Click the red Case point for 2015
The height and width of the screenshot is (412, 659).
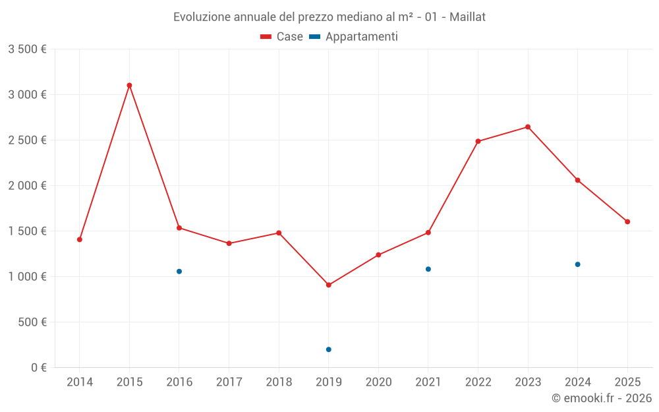[x=129, y=85]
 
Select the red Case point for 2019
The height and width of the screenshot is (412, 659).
[x=329, y=285]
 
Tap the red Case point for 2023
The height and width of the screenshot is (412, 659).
[x=528, y=127]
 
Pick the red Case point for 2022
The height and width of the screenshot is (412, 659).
[x=478, y=141]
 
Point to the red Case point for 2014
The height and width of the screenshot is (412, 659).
[x=80, y=239]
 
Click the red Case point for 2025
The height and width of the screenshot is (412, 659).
[x=627, y=221]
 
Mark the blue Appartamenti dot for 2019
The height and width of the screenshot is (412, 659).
[x=329, y=349]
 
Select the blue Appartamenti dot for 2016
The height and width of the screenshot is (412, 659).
[x=179, y=272]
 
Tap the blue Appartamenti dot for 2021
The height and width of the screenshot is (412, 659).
[x=428, y=269]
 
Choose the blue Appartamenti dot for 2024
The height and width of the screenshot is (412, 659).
[x=578, y=264]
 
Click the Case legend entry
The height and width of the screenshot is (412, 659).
[x=282, y=37]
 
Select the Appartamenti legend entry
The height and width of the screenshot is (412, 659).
[x=354, y=37]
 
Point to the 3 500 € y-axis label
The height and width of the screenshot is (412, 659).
[x=27, y=49]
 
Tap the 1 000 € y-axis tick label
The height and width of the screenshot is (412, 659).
[x=27, y=276]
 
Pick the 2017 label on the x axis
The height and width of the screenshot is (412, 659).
[x=229, y=382]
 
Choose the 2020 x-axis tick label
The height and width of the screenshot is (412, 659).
[x=378, y=382]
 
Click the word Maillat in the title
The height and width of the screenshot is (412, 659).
[x=467, y=17]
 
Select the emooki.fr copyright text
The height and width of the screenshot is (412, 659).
[x=601, y=398]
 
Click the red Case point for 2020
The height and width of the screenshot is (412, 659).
[x=378, y=254]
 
